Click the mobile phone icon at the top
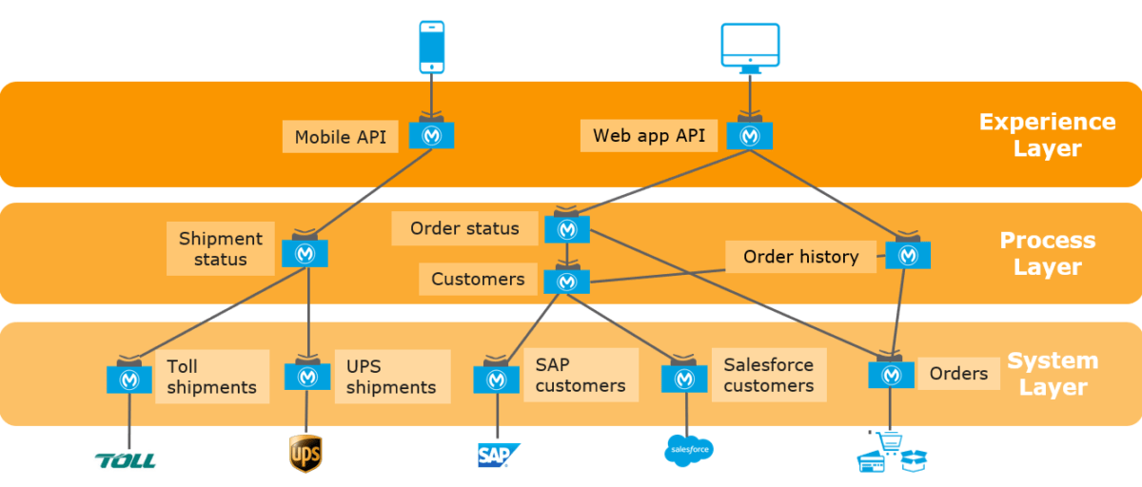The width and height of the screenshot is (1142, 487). (432, 47)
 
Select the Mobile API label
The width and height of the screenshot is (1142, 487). (340, 137)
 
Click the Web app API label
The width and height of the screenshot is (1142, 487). (649, 136)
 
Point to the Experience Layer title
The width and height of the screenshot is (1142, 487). (1047, 135)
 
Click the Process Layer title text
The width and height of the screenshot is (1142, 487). (1047, 254)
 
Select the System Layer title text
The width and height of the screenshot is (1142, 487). (1053, 374)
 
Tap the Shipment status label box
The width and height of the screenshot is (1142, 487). (220, 249)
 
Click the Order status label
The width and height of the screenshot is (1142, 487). (464, 228)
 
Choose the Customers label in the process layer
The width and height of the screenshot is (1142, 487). (478, 280)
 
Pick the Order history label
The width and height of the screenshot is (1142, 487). (800, 257)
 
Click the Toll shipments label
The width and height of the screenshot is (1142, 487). (211, 377)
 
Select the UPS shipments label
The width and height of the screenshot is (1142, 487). (391, 377)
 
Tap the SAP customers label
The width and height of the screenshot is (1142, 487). (580, 375)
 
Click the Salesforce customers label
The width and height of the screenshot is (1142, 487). (768, 375)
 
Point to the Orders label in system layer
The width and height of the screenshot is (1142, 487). (958, 374)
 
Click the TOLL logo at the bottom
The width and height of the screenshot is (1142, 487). (125, 460)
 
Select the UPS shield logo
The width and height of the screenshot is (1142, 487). (305, 454)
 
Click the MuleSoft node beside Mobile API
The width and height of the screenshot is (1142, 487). (432, 136)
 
